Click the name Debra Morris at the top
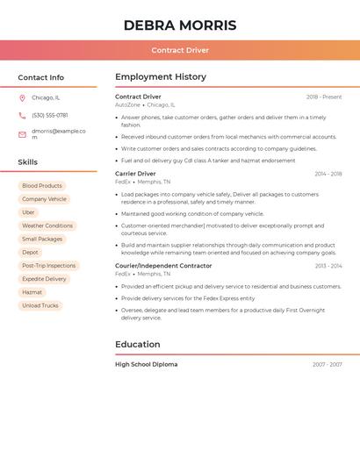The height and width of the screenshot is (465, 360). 180,25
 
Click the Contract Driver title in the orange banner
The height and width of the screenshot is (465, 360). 180,51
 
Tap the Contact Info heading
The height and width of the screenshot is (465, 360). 40,77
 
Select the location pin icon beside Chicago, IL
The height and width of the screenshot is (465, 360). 22,98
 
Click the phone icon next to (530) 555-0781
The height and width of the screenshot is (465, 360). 22,116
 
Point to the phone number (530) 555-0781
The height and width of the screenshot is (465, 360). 50,116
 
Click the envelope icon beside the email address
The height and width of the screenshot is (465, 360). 22,134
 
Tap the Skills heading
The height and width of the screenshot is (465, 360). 28,162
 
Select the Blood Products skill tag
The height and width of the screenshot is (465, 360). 42,186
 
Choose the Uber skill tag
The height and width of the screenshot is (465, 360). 29,212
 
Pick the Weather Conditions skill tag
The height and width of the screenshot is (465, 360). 47,225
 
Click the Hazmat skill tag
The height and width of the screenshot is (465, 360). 32,292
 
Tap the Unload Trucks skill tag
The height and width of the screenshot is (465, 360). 40,305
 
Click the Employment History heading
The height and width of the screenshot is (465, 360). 161,77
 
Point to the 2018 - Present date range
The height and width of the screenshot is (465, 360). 324,97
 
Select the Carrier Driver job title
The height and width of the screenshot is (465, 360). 135,174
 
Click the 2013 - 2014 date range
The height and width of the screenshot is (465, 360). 328,266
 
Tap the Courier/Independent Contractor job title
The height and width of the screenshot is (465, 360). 163,266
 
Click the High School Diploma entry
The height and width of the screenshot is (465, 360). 146,364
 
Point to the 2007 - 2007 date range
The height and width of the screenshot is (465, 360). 327,364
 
